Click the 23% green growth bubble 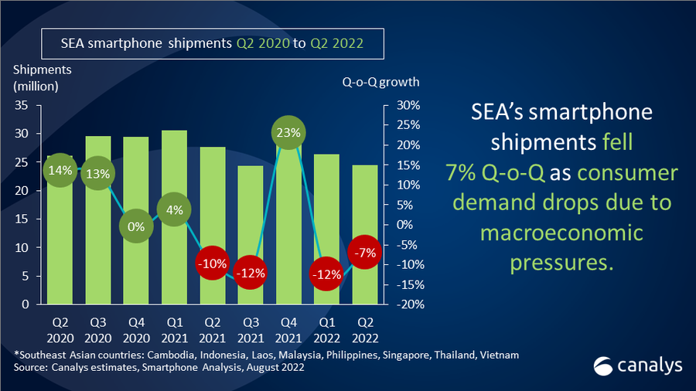[x=288, y=133]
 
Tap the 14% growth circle [x=60, y=170]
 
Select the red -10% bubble [x=213, y=263]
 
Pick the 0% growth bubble [x=136, y=226]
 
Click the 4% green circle [x=175, y=209]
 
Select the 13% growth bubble [x=98, y=173]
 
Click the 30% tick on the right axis [x=408, y=105]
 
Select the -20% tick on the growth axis [x=408, y=304]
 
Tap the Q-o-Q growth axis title [x=380, y=82]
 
